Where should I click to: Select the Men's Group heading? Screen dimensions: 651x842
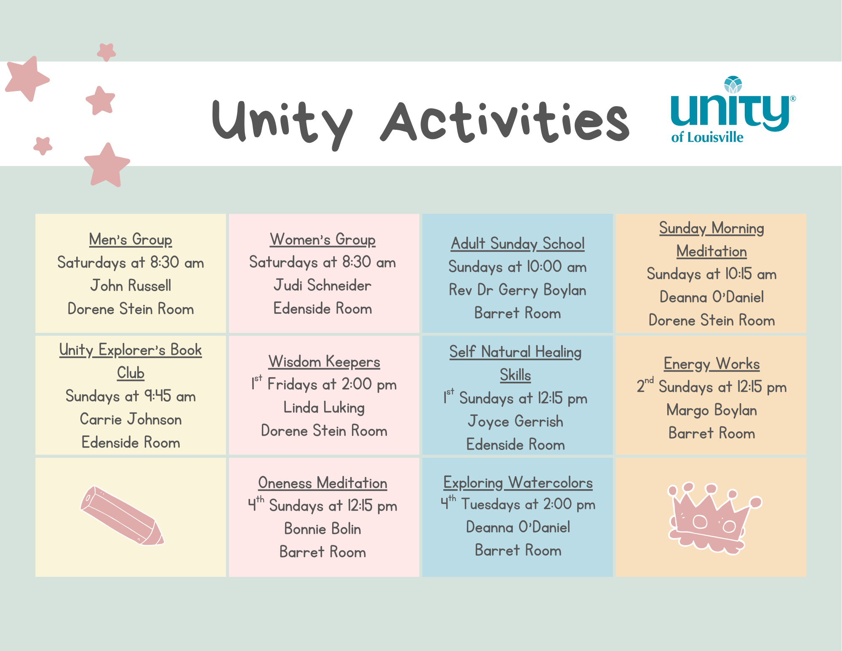(x=131, y=239)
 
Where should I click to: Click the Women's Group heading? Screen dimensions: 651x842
(x=322, y=239)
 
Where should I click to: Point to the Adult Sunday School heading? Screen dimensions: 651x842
(x=517, y=244)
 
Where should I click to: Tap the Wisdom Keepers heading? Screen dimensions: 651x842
(x=324, y=362)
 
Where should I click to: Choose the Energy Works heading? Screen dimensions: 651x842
(x=711, y=364)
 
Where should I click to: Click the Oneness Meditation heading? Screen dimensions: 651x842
(x=322, y=483)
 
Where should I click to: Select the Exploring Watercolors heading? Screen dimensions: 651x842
(x=518, y=483)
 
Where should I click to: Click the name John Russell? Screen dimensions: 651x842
(x=131, y=286)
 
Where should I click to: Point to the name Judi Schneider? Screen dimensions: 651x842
(x=322, y=285)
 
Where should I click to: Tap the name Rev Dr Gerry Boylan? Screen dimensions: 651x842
(x=517, y=290)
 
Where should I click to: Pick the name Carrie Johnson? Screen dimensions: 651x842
(x=131, y=419)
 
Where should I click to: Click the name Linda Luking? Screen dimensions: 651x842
(x=324, y=407)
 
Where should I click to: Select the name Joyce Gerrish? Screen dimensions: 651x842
(x=515, y=421)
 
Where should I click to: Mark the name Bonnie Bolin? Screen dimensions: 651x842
(x=322, y=529)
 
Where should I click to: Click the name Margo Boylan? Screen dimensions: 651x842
(x=711, y=410)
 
